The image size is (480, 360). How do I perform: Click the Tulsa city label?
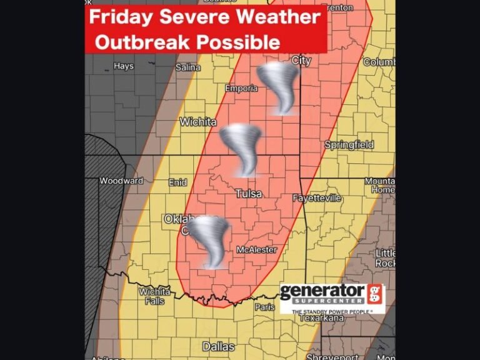point(248,194)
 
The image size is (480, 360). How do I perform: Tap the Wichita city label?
point(198,122)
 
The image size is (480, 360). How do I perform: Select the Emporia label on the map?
point(241,88)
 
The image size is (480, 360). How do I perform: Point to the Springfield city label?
point(349,145)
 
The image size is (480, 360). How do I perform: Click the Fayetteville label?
point(317,198)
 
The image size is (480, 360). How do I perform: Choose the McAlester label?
point(256,249)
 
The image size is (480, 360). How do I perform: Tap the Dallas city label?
point(218,346)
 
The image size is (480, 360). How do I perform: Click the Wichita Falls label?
point(154,296)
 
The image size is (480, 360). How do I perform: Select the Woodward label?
point(121,181)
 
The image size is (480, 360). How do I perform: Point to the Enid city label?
point(177,182)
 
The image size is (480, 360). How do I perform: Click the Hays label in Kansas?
point(123,66)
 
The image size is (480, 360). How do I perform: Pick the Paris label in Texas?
point(264,307)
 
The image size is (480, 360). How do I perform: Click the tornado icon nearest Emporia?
point(279,87)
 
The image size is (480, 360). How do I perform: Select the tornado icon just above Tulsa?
point(241,149)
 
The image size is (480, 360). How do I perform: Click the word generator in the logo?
point(322,292)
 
